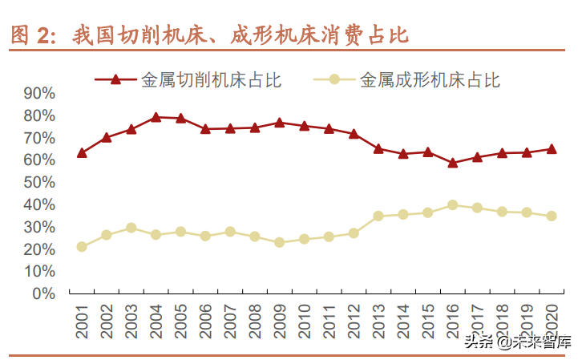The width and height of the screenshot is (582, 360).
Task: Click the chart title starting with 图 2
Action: coord(208,34)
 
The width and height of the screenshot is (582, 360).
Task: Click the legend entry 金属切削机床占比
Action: coord(188,79)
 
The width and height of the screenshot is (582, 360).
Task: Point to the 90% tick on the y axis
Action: coord(39,93)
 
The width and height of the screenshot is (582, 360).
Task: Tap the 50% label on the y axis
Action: coord(39,182)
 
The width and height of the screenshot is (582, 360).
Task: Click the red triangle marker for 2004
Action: coord(156,117)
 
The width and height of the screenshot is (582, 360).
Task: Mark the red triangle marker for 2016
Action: coord(453,162)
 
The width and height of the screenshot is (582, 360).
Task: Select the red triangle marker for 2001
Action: coord(82,152)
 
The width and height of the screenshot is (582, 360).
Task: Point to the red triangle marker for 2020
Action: coord(552,148)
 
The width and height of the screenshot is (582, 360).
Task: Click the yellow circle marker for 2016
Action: coord(453,205)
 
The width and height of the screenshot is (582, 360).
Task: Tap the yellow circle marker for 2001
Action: coord(82,247)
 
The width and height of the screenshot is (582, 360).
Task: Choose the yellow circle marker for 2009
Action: coord(280,242)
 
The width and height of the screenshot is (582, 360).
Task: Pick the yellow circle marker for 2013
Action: coord(378,216)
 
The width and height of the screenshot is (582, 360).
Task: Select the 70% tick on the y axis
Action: coord(39,138)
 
